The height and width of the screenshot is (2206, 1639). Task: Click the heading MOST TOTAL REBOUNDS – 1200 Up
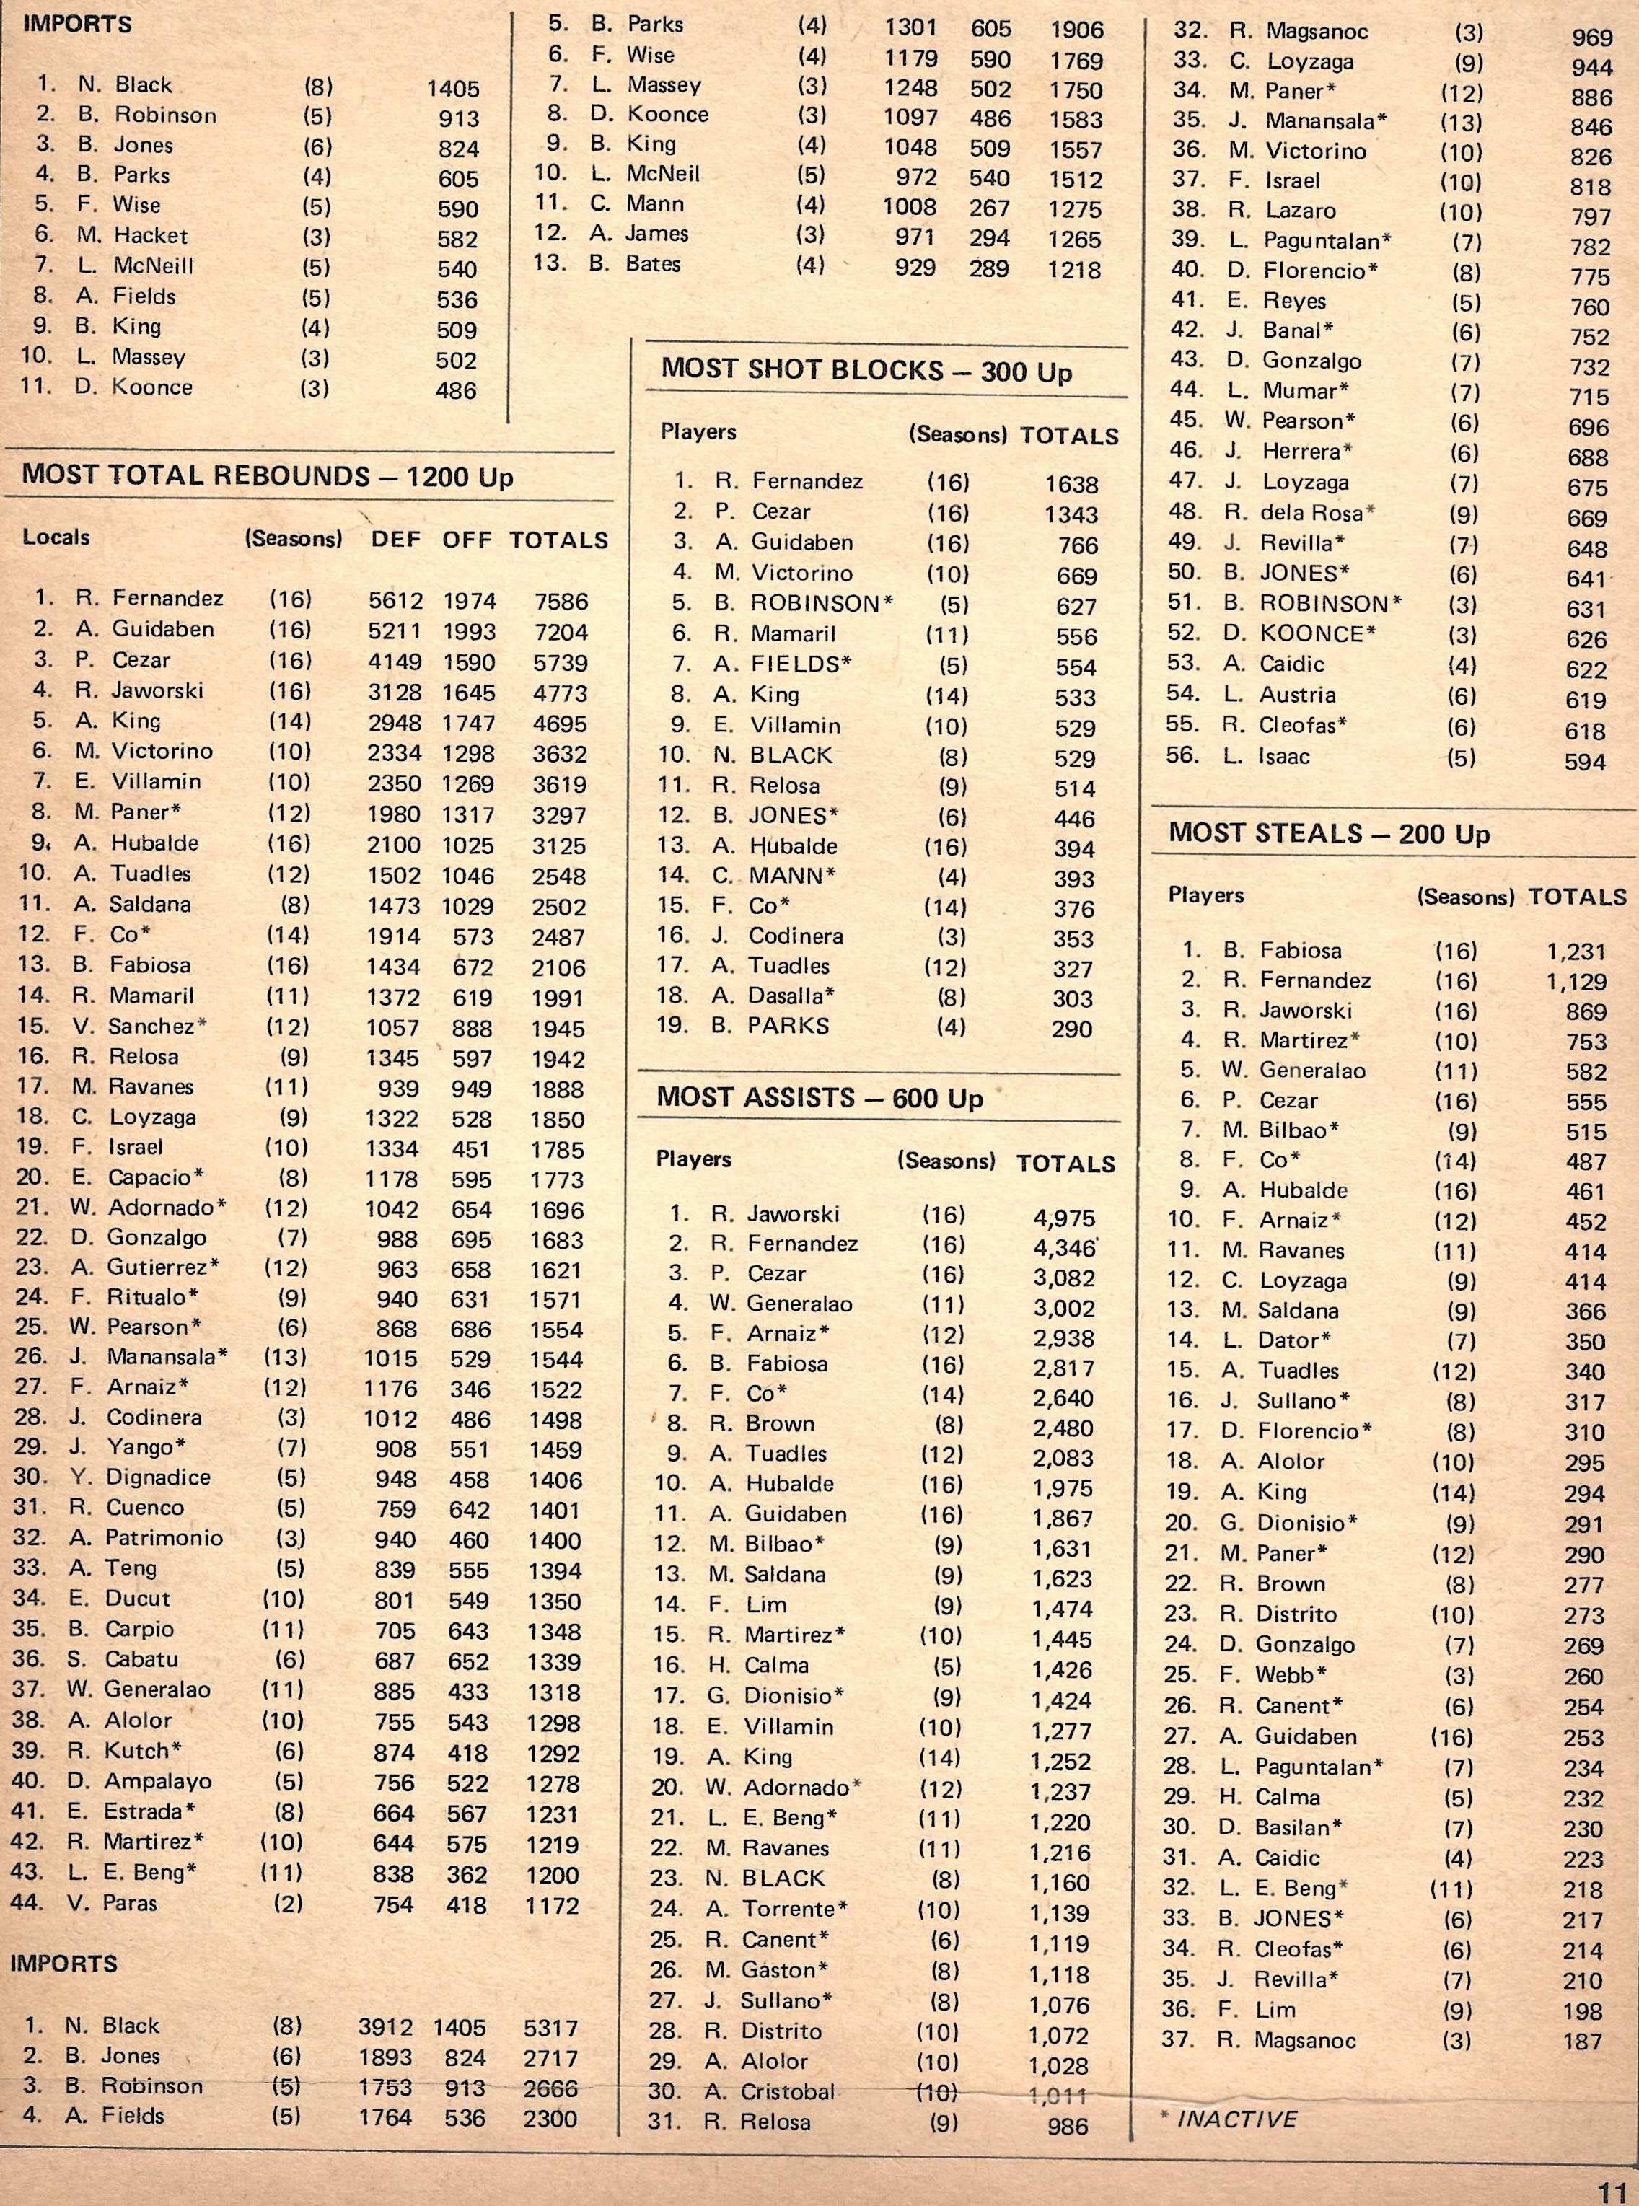point(268,476)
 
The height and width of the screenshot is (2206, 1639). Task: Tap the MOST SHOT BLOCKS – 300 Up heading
point(866,371)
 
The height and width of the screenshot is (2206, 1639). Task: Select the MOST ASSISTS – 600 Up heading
point(819,1098)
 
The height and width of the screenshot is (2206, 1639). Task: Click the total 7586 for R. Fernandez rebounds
point(560,601)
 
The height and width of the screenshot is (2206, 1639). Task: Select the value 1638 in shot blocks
point(1071,484)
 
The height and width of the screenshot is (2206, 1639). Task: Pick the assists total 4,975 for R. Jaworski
point(1062,1218)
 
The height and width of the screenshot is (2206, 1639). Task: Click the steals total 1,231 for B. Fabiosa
point(1576,952)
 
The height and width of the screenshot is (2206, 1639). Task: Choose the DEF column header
point(396,540)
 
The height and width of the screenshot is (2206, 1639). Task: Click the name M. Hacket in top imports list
point(132,236)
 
